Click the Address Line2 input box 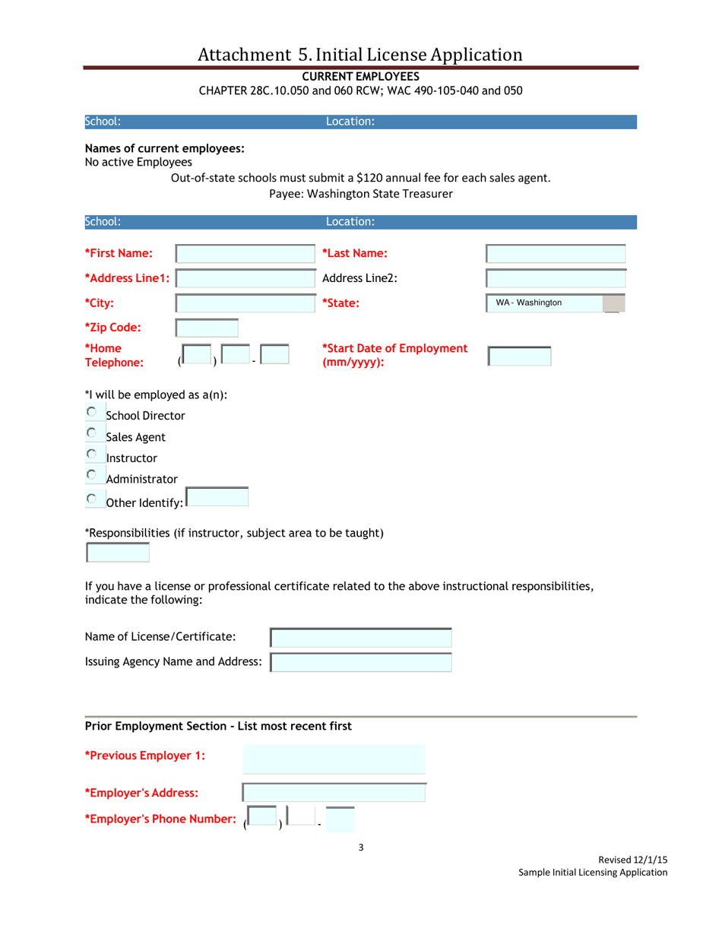tap(556, 279)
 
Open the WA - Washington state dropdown tap(556, 303)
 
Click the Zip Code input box tap(207, 328)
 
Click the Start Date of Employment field tap(519, 357)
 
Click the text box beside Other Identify tap(217, 498)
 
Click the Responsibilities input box tap(118, 553)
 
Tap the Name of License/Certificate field tap(361, 637)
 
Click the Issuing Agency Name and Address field tap(361, 662)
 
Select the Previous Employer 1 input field tap(334, 759)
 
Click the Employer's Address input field tap(334, 792)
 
